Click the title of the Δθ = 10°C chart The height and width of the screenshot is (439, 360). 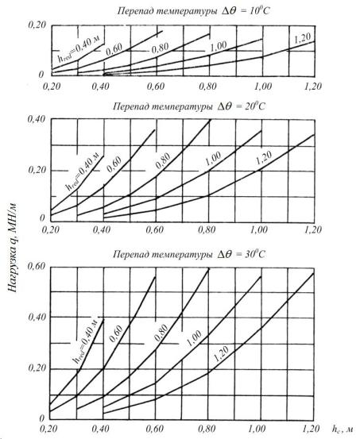193,11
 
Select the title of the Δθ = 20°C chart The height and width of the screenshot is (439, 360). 189,106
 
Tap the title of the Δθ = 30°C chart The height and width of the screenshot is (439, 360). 189,254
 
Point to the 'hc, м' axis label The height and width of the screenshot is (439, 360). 343,429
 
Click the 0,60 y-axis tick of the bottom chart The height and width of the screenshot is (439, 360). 37,266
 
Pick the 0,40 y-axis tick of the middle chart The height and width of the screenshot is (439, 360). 37,119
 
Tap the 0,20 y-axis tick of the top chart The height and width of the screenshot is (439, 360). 37,25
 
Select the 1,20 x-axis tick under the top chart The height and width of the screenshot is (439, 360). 313,86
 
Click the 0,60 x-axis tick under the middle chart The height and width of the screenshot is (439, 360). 154,229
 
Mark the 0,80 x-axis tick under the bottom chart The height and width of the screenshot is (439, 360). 207,429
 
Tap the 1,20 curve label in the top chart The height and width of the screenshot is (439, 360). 303,38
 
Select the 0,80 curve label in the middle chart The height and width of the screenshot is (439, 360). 163,161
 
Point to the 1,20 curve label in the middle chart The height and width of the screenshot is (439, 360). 264,158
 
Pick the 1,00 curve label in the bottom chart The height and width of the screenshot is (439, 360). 194,338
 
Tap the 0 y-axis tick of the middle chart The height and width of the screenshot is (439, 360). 42,218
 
